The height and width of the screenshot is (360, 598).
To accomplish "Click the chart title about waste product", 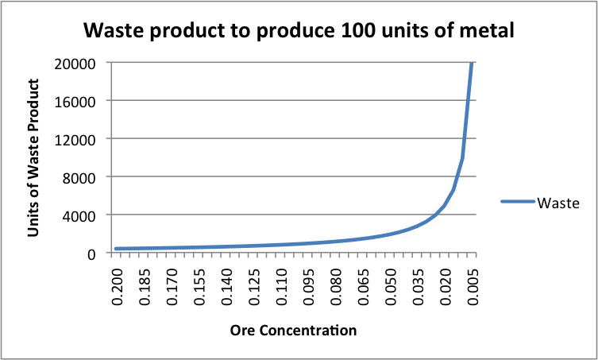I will coord(299,32).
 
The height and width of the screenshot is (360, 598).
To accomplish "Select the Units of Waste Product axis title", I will coord(34,159).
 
